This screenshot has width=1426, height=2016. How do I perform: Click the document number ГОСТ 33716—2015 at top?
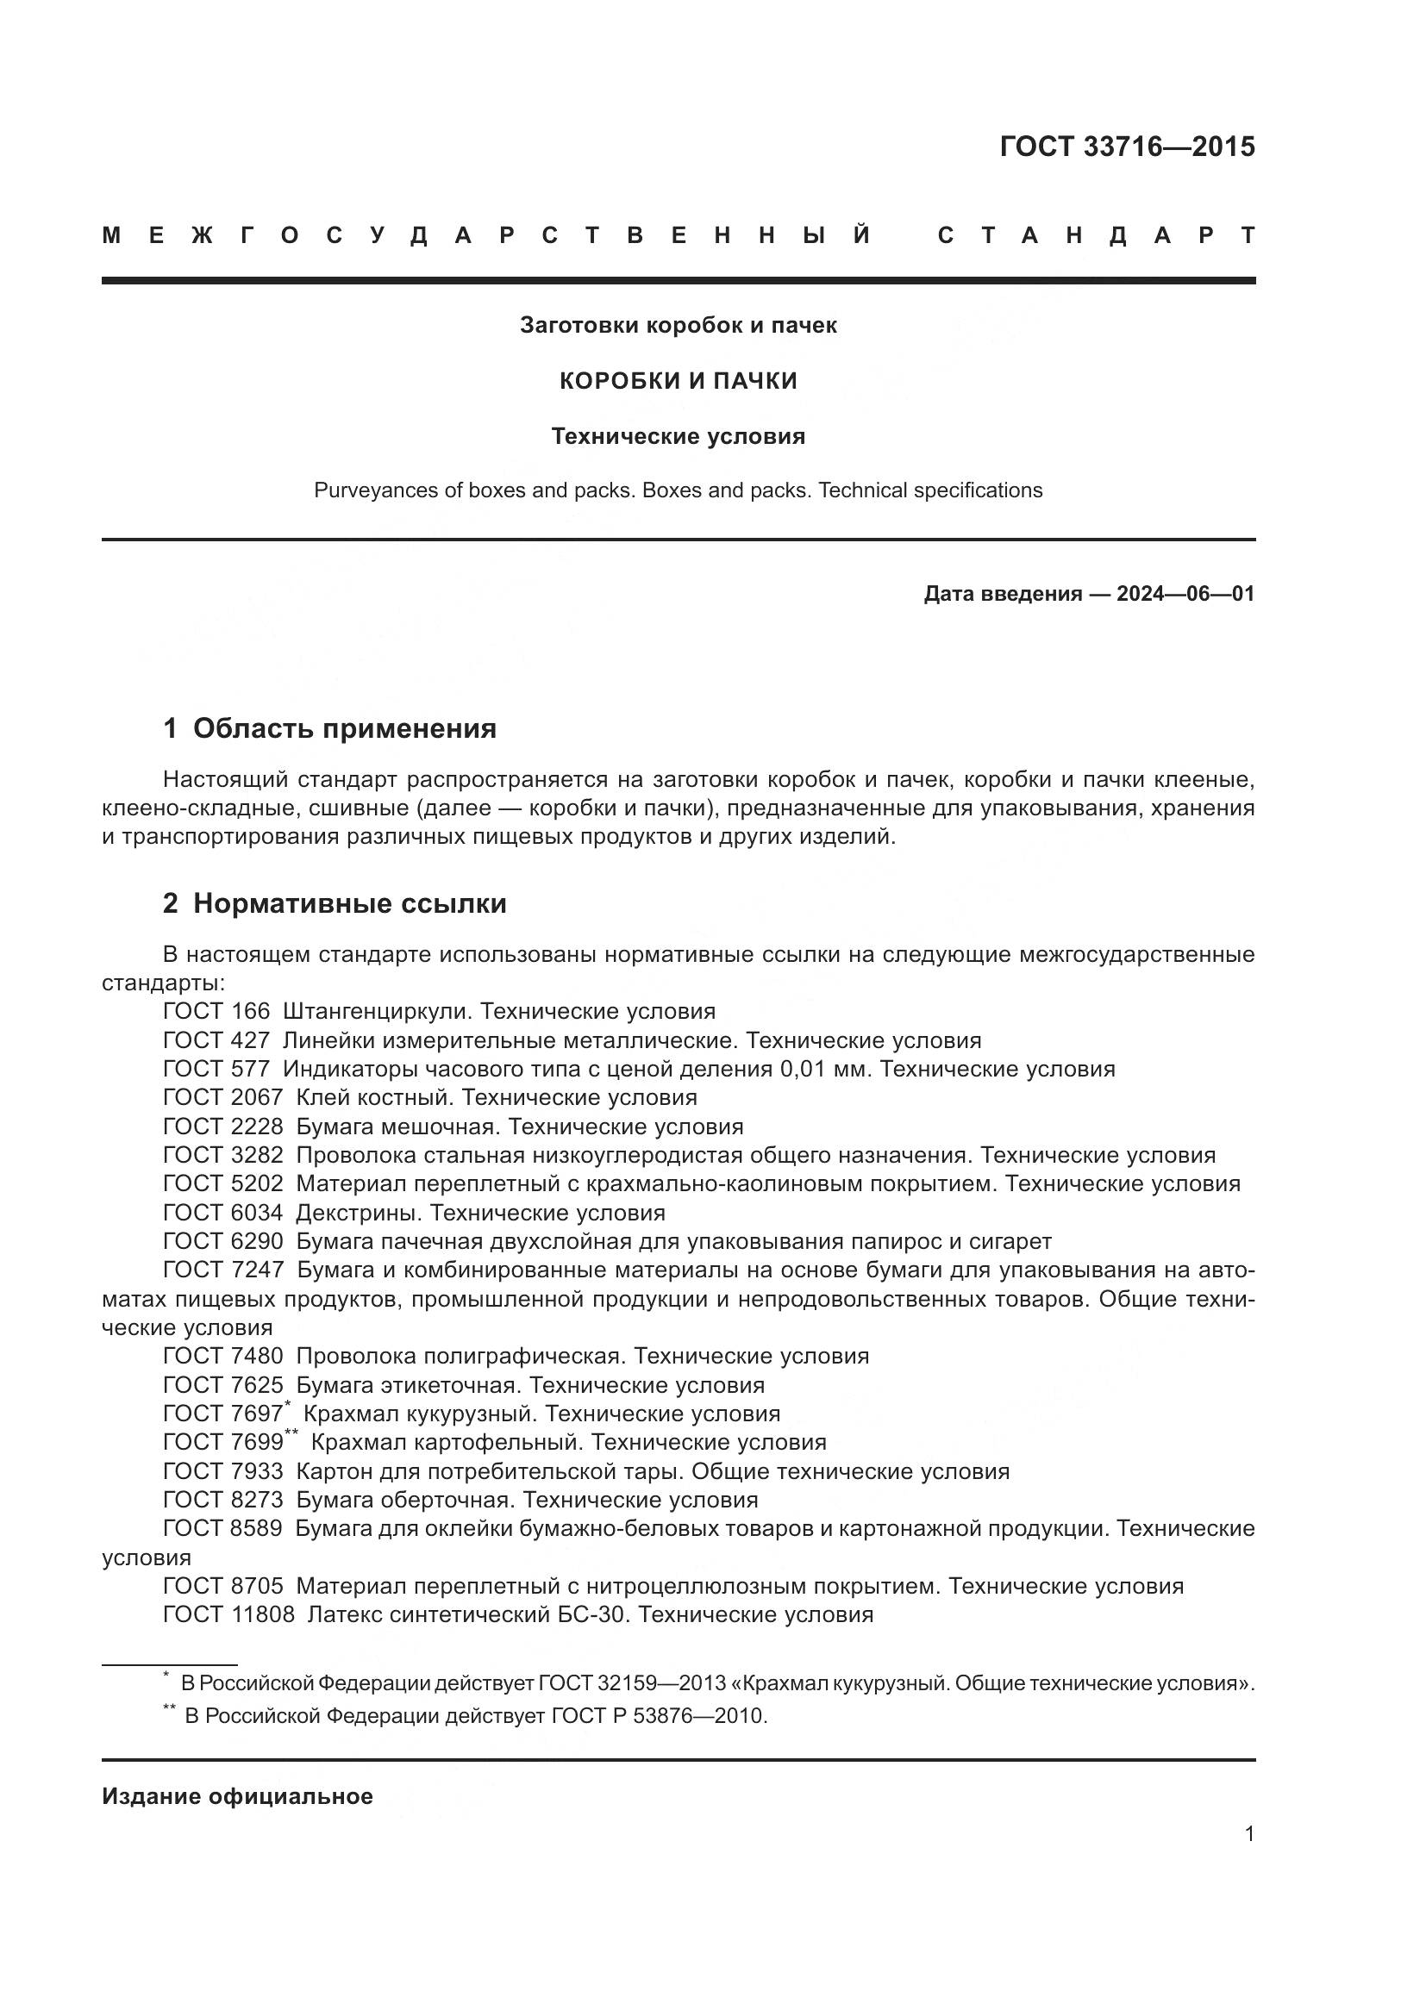(x=1127, y=147)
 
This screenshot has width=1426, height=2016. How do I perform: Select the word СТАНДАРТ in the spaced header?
(x=1096, y=235)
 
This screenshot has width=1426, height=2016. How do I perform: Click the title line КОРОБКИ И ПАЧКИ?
(x=678, y=381)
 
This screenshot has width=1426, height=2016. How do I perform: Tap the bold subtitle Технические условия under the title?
(x=678, y=436)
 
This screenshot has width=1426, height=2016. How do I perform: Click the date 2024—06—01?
(x=1185, y=595)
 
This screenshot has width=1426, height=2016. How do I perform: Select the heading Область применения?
(x=344, y=729)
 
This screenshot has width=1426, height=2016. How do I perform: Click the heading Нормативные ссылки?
(x=349, y=903)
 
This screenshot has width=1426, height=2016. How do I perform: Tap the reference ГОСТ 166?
(x=216, y=1012)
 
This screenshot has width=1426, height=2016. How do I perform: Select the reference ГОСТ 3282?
(x=223, y=1156)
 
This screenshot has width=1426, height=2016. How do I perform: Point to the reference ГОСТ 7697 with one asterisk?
(x=223, y=1414)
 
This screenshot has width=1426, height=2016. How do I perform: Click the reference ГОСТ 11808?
(x=228, y=1614)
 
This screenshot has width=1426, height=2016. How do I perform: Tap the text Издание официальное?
(x=237, y=1796)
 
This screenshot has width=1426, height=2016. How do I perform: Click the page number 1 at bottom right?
(x=1248, y=1834)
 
